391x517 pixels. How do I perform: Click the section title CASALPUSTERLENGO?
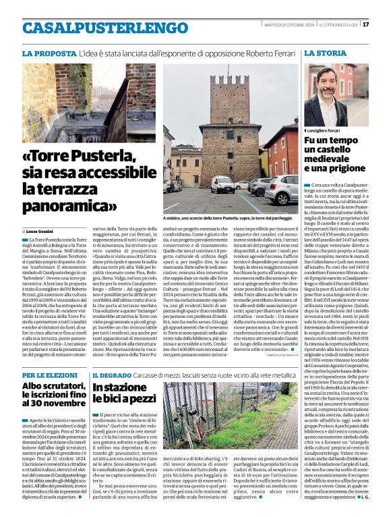pos(96,28)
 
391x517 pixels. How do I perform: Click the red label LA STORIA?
pos(326,53)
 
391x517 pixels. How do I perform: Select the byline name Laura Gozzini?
pos(42,231)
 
